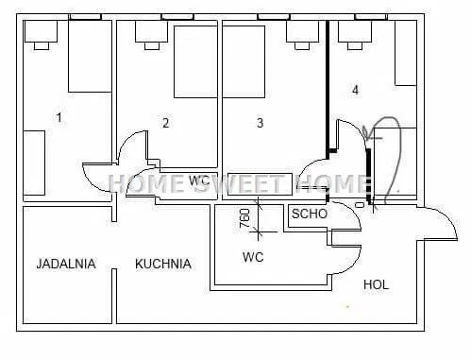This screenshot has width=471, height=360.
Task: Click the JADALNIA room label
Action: point(66,264)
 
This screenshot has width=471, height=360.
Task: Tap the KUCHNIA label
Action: point(163,264)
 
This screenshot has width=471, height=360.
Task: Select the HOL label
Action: point(376,284)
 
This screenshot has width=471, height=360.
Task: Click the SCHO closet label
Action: point(310,214)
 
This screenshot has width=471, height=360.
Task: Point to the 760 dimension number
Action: point(244,218)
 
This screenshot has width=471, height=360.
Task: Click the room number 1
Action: point(59,117)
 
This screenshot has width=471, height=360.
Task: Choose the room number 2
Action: point(166,123)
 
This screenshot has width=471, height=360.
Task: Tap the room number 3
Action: point(260,123)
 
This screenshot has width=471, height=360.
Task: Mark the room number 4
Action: point(355,90)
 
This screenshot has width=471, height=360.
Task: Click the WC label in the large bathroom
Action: point(253,257)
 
